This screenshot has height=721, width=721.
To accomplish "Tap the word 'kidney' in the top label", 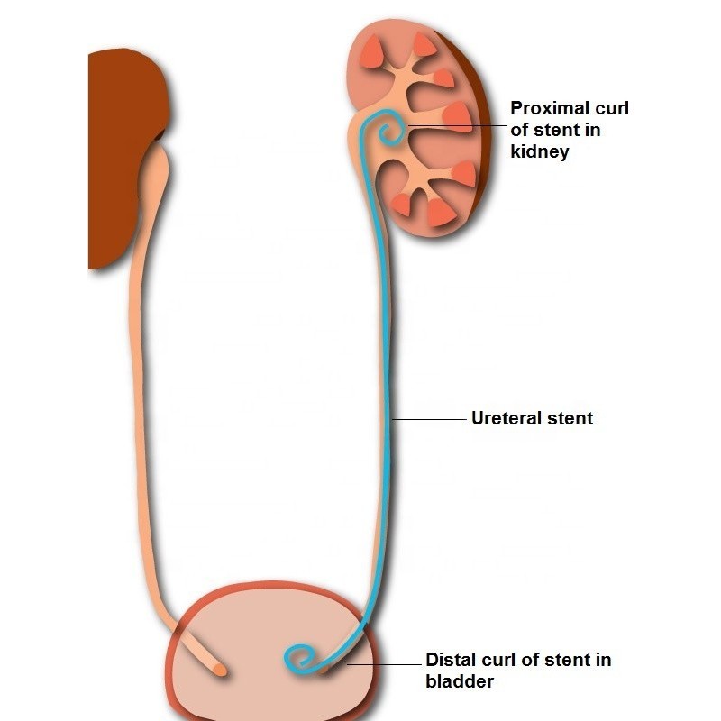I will (540, 151).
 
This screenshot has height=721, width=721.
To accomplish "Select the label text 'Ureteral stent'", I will (532, 418).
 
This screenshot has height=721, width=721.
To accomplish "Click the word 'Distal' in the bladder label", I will (452, 661).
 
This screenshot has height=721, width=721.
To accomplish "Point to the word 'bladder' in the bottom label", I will (460, 681).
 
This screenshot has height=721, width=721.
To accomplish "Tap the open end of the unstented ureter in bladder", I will (219, 671).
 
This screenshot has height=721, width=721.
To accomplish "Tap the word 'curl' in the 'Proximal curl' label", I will (612, 109).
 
